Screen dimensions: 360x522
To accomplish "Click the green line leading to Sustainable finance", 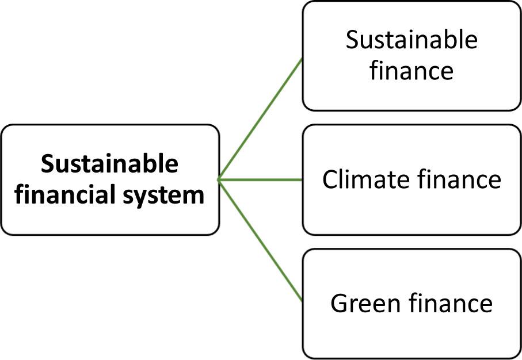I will coord(261,119).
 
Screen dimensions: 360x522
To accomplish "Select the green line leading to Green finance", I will coord(261,240).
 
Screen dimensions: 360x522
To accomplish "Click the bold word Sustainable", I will coord(110,165).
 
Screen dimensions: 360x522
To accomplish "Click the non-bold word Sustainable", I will coord(411,41).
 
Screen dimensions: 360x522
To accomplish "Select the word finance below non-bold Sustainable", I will coord(411,71).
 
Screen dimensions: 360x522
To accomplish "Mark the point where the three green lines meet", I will coord(219,180).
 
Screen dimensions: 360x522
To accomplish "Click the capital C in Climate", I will coord(330,180).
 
